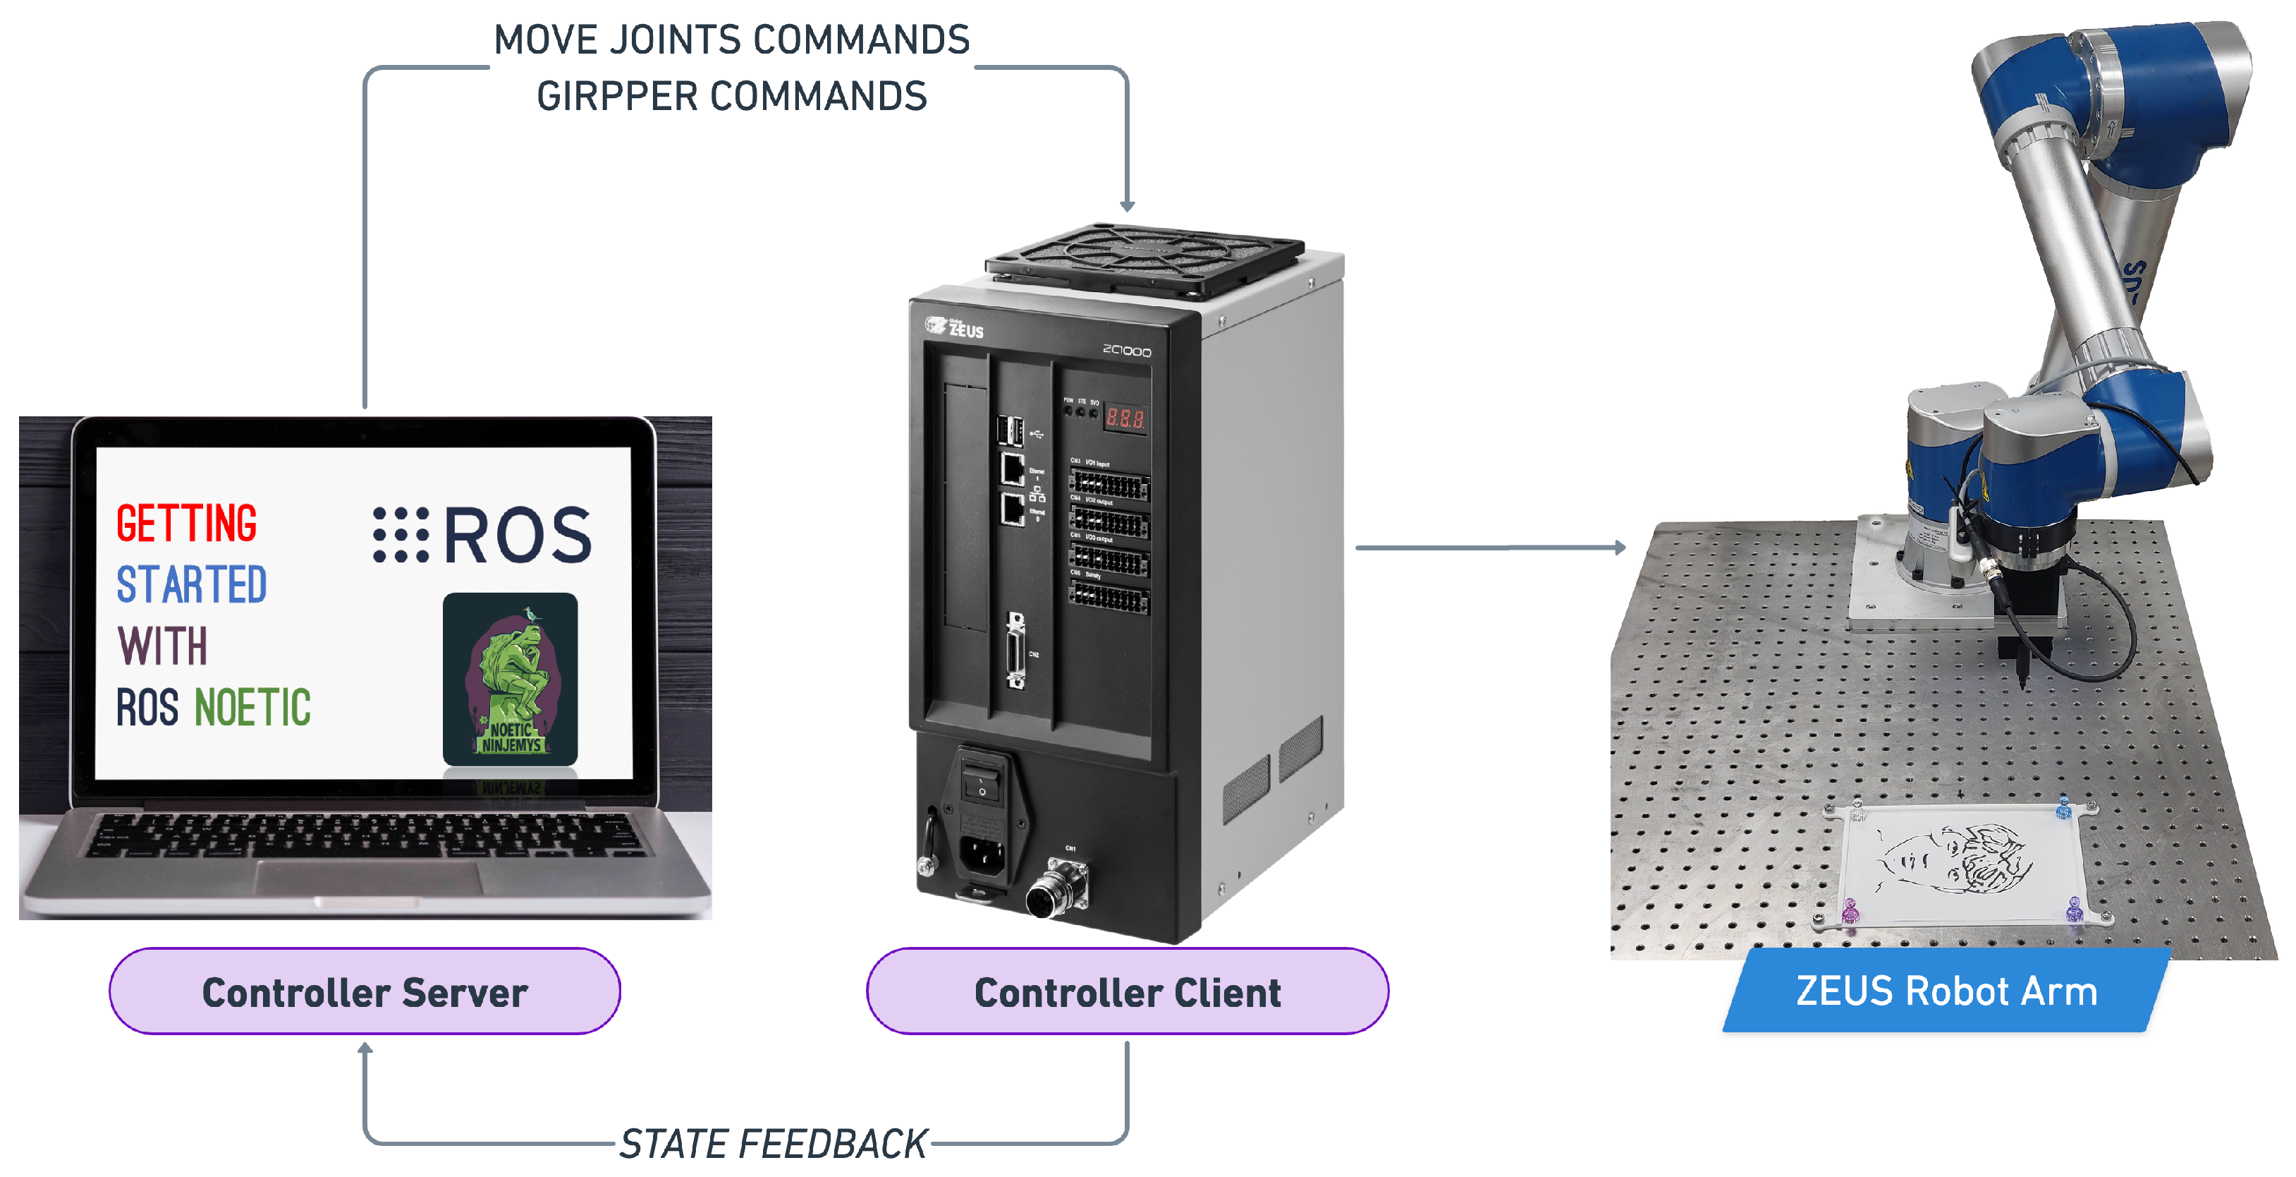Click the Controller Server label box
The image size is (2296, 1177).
tap(365, 991)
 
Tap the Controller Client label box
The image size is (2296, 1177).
tap(1127, 991)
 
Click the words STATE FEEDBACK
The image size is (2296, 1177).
tap(773, 1144)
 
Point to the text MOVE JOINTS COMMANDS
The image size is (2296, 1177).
tap(731, 40)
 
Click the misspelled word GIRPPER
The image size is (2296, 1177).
tap(616, 96)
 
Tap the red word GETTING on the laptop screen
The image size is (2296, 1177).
tap(186, 524)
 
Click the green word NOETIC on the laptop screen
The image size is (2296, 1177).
tap(252, 708)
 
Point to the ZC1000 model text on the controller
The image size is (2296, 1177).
tap(1127, 351)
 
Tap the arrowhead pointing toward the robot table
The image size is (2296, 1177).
tap(1620, 548)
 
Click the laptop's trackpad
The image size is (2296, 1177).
tap(368, 879)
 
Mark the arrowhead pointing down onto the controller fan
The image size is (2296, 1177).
tap(1128, 206)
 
